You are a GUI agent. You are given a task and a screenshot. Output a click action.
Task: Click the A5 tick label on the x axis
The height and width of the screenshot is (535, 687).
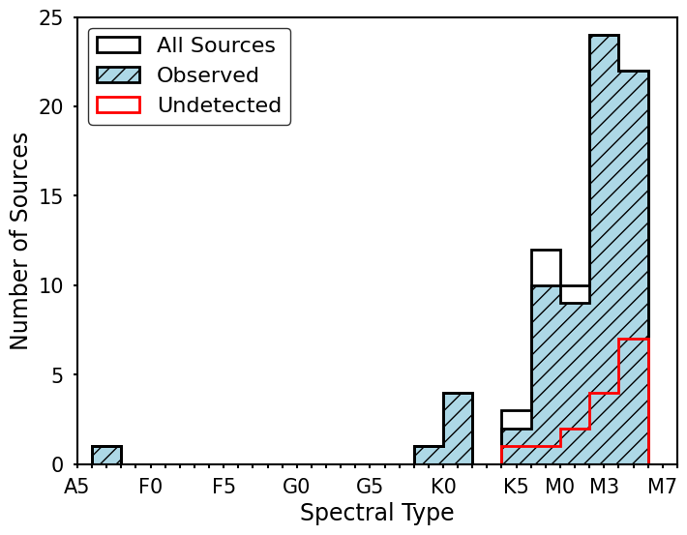coord(77,486)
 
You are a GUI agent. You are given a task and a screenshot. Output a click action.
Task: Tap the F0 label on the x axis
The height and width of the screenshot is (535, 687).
coord(150,486)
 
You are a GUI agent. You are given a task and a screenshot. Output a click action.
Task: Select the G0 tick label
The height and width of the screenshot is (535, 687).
coord(296,486)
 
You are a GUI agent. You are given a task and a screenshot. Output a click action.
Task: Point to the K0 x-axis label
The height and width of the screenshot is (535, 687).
coord(443,486)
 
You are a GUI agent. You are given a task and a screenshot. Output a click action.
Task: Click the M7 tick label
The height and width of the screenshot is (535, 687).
coord(662,486)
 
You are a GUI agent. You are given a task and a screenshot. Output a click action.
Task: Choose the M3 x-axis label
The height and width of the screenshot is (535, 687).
coord(604,486)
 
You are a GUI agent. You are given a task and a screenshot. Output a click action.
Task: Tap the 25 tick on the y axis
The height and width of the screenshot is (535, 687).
coord(50,18)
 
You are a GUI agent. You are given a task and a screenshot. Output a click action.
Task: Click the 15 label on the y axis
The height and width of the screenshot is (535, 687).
coord(50,196)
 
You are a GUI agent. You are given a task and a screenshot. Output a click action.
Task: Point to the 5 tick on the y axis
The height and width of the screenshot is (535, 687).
coord(57,374)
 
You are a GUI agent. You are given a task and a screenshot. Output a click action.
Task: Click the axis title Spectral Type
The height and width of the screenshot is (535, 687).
coord(376,513)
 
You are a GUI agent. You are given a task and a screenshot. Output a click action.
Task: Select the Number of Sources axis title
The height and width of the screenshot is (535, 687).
coord(20,241)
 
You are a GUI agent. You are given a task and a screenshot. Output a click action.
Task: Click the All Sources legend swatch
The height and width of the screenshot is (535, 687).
coord(118,45)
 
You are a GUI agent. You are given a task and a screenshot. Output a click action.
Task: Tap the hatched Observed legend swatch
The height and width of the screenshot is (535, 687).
coord(118,75)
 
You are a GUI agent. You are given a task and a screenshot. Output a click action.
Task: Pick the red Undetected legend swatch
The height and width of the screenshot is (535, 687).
coord(118,105)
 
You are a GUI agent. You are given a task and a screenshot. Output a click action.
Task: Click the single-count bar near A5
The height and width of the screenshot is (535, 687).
coord(106,456)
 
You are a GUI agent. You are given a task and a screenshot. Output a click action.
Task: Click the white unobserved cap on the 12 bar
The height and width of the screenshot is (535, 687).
coord(546,267)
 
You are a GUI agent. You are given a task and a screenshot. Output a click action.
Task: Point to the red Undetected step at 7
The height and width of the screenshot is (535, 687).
coord(633,340)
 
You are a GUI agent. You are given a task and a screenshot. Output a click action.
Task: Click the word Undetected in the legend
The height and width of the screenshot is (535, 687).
coord(219,105)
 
